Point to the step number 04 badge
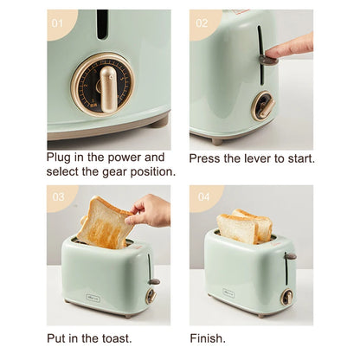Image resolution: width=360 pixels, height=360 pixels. point(202,197)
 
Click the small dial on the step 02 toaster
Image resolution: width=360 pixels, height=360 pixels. point(263,106)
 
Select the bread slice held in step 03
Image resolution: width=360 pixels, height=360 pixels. point(106,222)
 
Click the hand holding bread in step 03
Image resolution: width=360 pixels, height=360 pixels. point(151,209)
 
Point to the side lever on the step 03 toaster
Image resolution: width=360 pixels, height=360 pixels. point(153,280)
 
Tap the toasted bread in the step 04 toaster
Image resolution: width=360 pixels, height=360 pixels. point(244,228)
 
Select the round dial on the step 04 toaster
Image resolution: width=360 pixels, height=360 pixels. point(286,297)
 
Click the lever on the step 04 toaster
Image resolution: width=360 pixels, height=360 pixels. point(291,256)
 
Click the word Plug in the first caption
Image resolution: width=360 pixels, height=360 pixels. point(62,157)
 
